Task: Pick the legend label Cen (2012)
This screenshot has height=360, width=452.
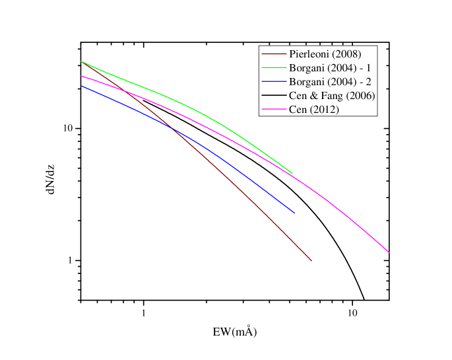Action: [314, 109]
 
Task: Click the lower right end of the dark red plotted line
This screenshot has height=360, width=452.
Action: [311, 261]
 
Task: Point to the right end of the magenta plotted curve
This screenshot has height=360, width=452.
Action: [389, 252]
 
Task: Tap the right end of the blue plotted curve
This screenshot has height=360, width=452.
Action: [294, 213]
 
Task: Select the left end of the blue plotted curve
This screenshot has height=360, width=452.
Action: [81, 86]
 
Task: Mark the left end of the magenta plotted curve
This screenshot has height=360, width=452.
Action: [81, 76]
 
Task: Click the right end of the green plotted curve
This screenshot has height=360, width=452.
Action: [292, 173]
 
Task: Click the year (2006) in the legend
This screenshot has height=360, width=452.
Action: [360, 95]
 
